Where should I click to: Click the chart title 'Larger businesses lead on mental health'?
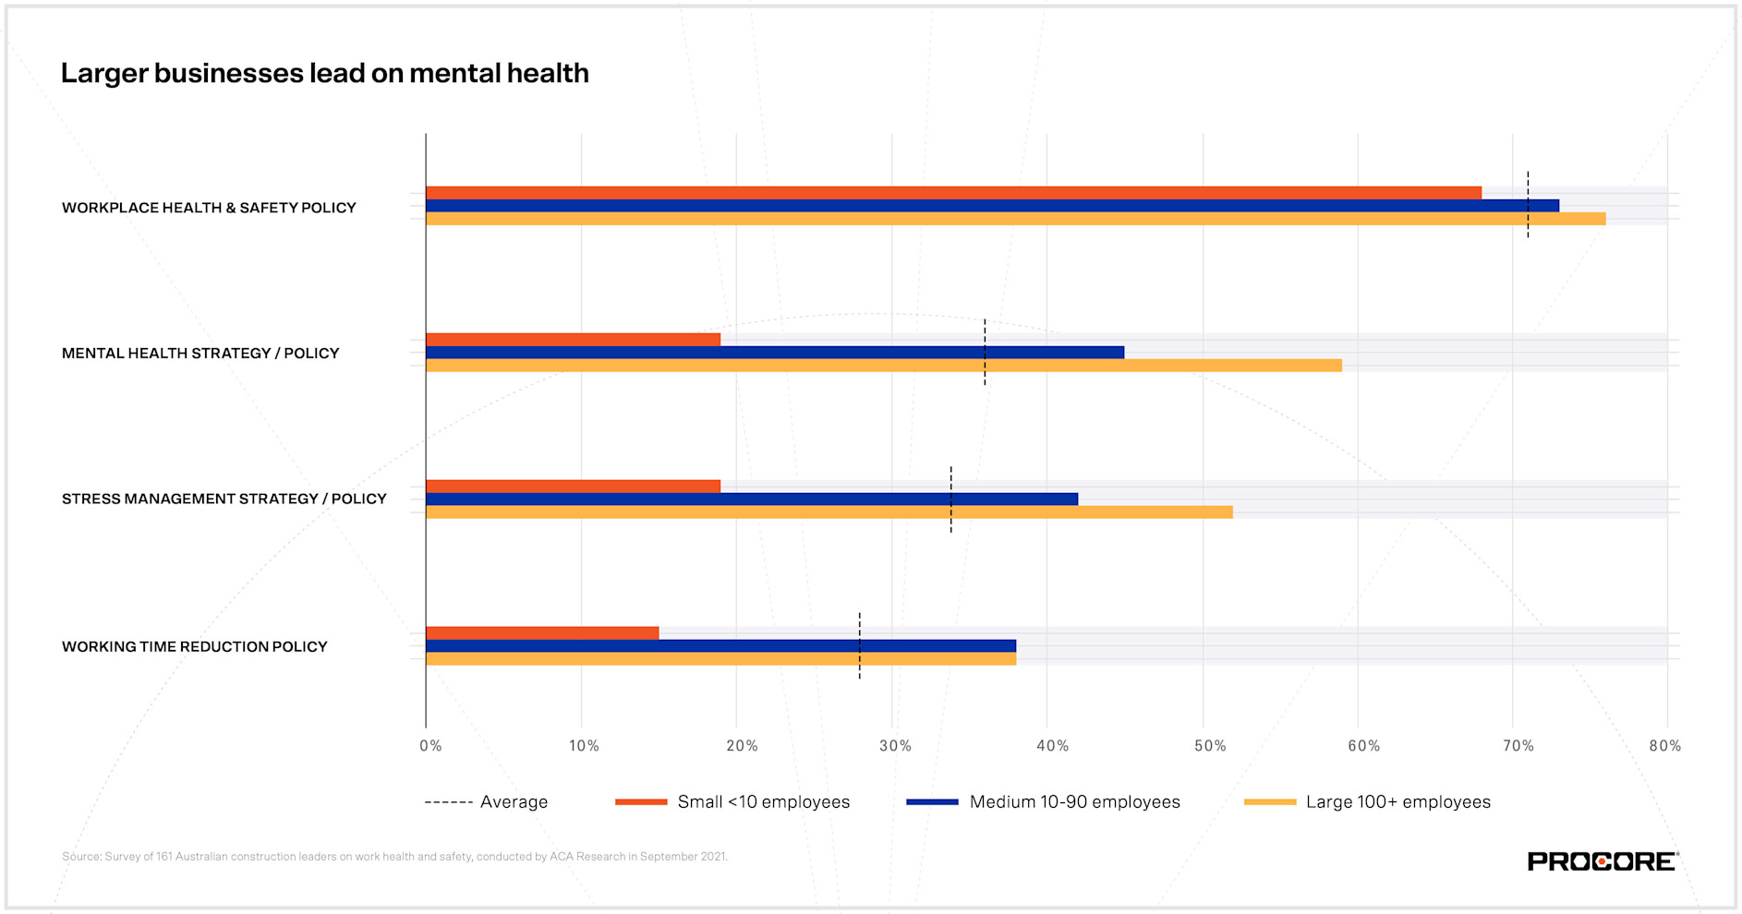tap(324, 73)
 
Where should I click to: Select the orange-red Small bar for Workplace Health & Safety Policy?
tap(951, 193)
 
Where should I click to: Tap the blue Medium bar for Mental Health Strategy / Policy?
tap(774, 353)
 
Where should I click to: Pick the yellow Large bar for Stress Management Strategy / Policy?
tap(829, 512)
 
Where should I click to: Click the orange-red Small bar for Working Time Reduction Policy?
tap(542, 633)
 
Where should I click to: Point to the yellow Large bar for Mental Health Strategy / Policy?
tap(883, 366)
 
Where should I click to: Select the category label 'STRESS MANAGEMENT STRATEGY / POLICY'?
tap(224, 499)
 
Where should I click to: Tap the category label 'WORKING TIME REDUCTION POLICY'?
tap(194, 646)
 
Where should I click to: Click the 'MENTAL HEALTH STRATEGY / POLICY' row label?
tap(200, 353)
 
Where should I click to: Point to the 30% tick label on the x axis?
tap(895, 746)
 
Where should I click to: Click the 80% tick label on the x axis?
tap(1664, 746)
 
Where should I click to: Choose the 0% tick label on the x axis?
tap(430, 746)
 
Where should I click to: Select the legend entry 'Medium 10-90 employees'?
tap(1074, 802)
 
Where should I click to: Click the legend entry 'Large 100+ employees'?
tap(1397, 802)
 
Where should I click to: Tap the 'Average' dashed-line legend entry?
tap(487, 802)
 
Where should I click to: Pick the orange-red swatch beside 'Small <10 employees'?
tap(641, 802)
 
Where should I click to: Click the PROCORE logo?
tap(1603, 861)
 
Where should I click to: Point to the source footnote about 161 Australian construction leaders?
tap(394, 857)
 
